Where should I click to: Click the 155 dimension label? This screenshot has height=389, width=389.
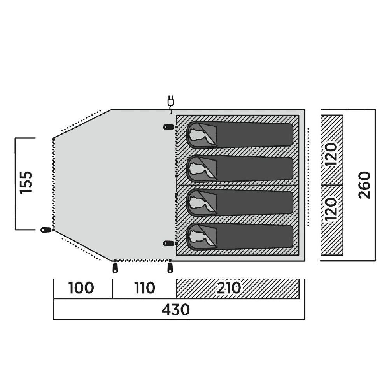point(26,182)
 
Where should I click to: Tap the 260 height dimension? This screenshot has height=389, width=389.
point(364,185)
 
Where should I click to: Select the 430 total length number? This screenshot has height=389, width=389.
point(176,310)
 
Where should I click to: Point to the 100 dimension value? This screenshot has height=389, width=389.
point(81,288)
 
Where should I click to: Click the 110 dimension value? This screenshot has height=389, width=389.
point(145,288)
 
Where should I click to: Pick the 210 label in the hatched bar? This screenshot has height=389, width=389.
point(229,288)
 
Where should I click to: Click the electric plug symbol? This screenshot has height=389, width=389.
point(171,104)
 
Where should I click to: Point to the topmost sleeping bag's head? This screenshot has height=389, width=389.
point(201,135)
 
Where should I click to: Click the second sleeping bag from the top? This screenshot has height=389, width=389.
point(240,169)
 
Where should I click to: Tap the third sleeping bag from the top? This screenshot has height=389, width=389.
point(240,203)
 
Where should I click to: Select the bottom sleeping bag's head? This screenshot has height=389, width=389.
point(201,237)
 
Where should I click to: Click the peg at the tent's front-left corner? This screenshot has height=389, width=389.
point(46,230)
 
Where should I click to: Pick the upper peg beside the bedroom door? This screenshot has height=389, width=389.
point(169,127)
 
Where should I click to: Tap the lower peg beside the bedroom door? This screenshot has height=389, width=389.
point(169,244)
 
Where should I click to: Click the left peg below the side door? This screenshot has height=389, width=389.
point(115,268)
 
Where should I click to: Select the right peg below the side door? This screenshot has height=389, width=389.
point(170,268)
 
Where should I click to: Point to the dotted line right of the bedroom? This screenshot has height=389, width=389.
point(308,177)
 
